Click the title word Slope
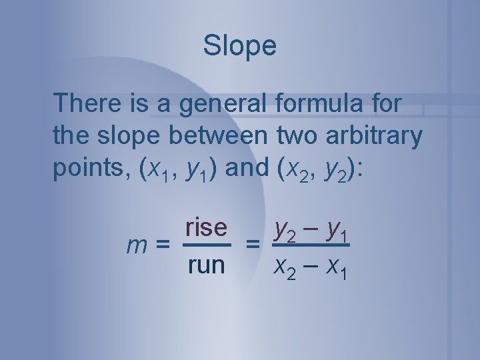(x=240, y=46)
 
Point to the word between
(x=219, y=136)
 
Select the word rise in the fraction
(x=207, y=228)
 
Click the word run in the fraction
(x=207, y=265)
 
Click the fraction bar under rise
(x=207, y=245)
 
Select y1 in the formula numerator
(x=337, y=230)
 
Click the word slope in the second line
(x=121, y=136)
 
